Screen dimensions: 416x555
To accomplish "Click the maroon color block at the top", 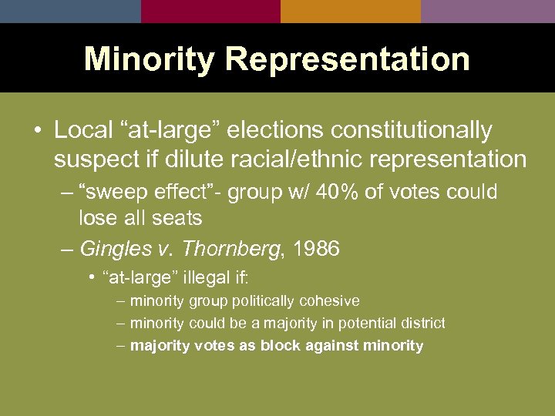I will pos(210,11).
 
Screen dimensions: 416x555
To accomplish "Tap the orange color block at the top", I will pos(351,11).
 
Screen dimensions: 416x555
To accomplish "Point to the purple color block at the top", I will pos(488,11).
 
